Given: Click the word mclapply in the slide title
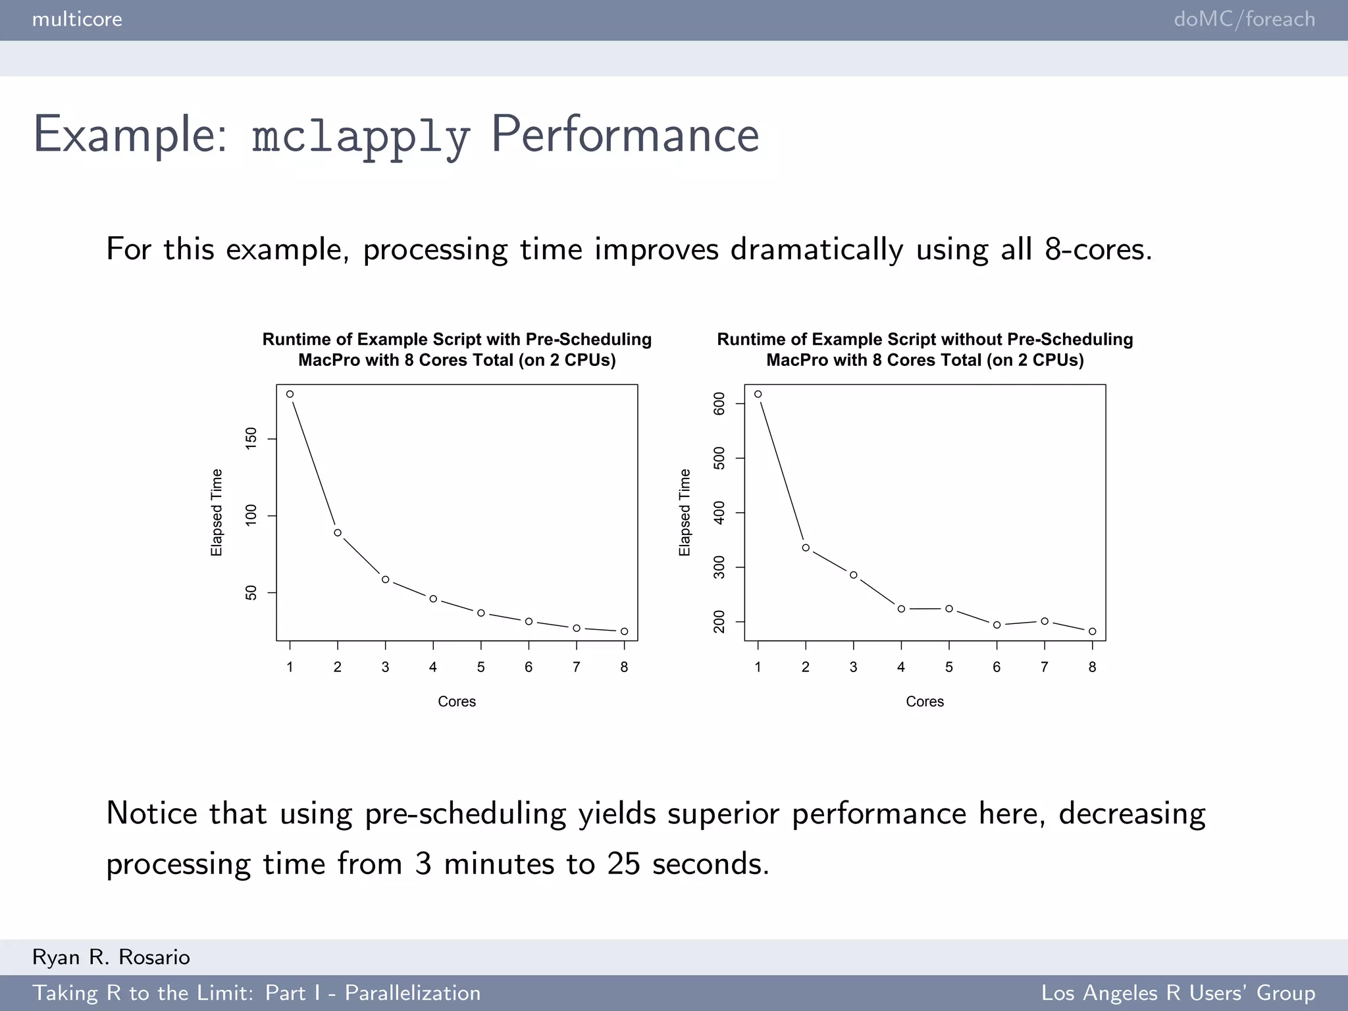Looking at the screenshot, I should click(x=361, y=136).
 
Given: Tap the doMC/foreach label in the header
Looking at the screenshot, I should click(x=1244, y=19).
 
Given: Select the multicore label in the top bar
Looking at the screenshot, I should click(x=77, y=19).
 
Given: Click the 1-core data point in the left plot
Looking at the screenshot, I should click(x=290, y=394).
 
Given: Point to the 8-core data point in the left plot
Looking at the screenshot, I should click(x=624, y=631).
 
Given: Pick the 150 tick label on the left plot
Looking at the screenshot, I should click(x=251, y=438).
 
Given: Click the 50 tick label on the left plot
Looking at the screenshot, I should click(x=251, y=592).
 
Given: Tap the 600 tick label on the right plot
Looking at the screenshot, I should click(x=719, y=403).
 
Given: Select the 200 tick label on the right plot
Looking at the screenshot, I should click(x=719, y=621).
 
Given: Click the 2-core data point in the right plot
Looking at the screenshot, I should click(x=806, y=548).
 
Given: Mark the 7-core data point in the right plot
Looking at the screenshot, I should click(x=1045, y=621).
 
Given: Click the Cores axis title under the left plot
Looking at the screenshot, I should click(x=457, y=702).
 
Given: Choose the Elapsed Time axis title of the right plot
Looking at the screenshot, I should click(x=685, y=512).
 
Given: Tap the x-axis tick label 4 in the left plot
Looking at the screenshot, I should click(x=433, y=667).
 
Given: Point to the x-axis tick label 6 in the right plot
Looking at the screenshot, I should click(x=997, y=667).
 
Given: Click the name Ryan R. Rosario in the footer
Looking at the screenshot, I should click(x=111, y=957).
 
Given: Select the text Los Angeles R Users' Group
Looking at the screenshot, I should click(x=1178, y=993).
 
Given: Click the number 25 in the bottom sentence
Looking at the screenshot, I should click(x=623, y=864).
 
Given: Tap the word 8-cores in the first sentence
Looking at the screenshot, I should click(x=1097, y=249).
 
